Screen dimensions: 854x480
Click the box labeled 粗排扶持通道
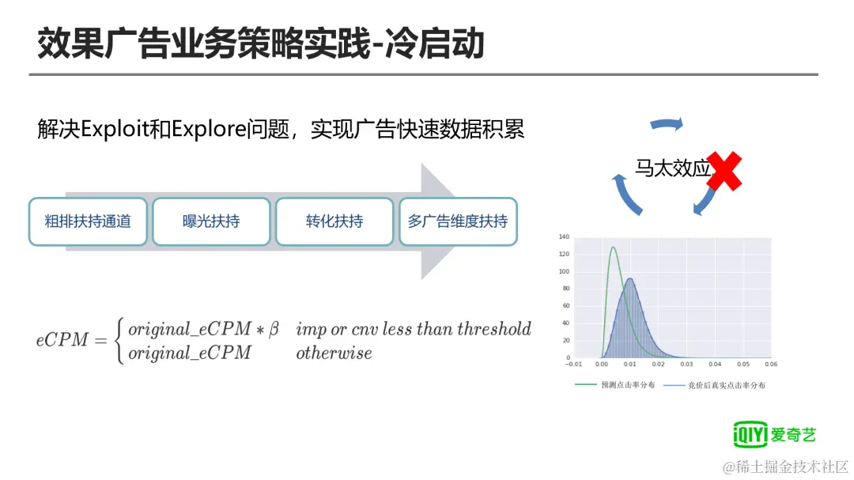pyautogui.click(x=89, y=221)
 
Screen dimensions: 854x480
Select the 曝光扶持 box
pyautogui.click(x=211, y=221)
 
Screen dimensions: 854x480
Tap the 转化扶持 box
pyautogui.click(x=334, y=221)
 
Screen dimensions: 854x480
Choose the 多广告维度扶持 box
pyautogui.click(x=458, y=221)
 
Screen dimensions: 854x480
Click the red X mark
pyautogui.click(x=724, y=171)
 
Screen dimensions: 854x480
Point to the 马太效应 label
pyautogui.click(x=673, y=168)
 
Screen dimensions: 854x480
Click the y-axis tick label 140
pyautogui.click(x=564, y=237)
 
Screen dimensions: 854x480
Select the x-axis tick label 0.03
pyautogui.click(x=686, y=364)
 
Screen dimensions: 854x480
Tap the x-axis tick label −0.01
pyautogui.click(x=573, y=364)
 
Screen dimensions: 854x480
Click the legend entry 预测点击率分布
pyautogui.click(x=615, y=384)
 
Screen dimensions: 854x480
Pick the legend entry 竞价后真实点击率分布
pyautogui.click(x=715, y=385)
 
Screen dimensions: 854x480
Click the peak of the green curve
pyautogui.click(x=614, y=248)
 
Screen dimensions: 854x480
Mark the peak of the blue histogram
pyautogui.click(x=630, y=279)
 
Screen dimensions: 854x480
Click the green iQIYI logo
pyautogui.click(x=774, y=434)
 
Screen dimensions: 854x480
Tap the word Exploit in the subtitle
pyautogui.click(x=115, y=130)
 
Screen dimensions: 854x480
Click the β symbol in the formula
pyautogui.click(x=274, y=329)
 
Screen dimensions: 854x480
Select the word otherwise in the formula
pyautogui.click(x=334, y=353)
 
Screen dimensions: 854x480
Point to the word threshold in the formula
pyautogui.click(x=494, y=328)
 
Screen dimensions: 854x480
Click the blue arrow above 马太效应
pyautogui.click(x=667, y=125)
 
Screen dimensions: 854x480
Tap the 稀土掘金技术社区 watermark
pyautogui.click(x=785, y=467)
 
